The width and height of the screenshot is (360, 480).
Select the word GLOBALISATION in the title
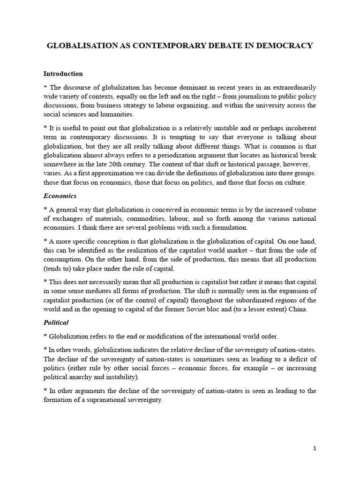coord(79,46)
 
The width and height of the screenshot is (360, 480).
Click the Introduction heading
coord(63,74)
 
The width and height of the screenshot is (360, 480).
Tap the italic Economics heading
coord(60,196)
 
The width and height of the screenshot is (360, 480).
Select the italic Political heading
coord(56,322)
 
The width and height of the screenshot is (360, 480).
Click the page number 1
coord(315,448)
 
